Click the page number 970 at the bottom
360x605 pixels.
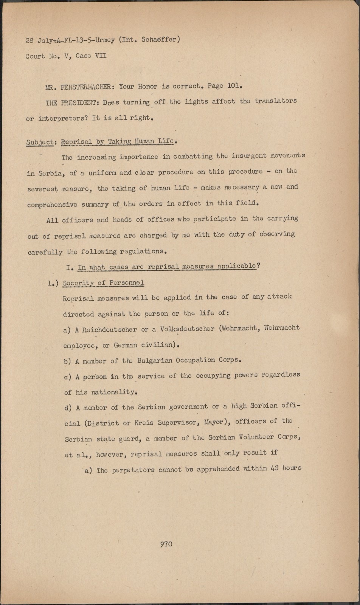[166, 544]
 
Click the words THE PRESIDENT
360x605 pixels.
[71, 102]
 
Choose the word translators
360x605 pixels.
[276, 101]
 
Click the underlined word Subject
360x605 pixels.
[40, 143]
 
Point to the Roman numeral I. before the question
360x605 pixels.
[69, 268]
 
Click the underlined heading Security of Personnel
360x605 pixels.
[103, 283]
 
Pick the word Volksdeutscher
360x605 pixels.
[187, 329]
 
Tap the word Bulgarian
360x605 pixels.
[155, 360]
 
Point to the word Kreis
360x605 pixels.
[143, 423]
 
